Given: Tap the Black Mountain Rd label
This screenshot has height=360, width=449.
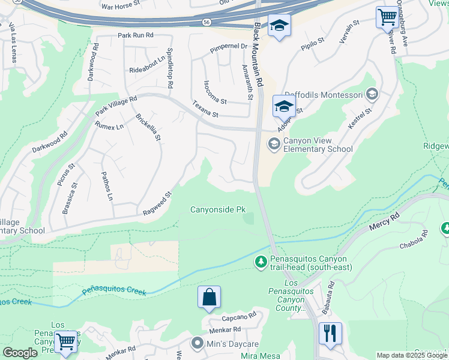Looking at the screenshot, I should pyautogui.click(x=259, y=54).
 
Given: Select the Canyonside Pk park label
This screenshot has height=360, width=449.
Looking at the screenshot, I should pyautogui.click(x=218, y=209).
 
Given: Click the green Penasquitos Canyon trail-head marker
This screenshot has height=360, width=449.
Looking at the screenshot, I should pyautogui.click(x=261, y=262).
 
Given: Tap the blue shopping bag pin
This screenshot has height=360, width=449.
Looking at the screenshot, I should pyautogui.click(x=209, y=297).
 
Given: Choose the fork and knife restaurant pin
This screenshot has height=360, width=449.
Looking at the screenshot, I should pyautogui.click(x=330, y=333).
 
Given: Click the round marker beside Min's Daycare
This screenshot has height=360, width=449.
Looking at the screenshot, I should pyautogui.click(x=197, y=344).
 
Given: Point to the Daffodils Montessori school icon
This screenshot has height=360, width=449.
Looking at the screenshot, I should pyautogui.click(x=372, y=94).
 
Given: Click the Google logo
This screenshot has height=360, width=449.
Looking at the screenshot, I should pyautogui.click(x=19, y=353).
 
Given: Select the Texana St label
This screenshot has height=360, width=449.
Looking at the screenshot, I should pyautogui.click(x=205, y=109).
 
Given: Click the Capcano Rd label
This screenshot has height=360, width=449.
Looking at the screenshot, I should pyautogui.click(x=238, y=316).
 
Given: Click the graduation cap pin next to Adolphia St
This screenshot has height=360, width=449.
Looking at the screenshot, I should pyautogui.click(x=284, y=107).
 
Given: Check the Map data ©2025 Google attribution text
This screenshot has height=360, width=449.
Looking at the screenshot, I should pyautogui.click(x=412, y=355).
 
